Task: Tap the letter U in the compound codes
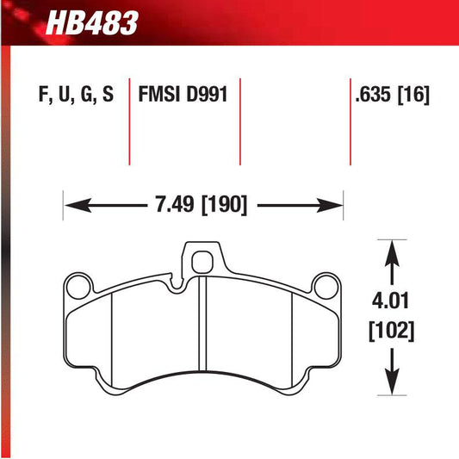[x=62, y=94]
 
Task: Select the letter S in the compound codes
[x=107, y=94]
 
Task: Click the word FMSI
[x=159, y=94]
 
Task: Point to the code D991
[x=205, y=94]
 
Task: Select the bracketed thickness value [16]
[x=413, y=94]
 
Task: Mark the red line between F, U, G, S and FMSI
[x=130, y=121]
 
